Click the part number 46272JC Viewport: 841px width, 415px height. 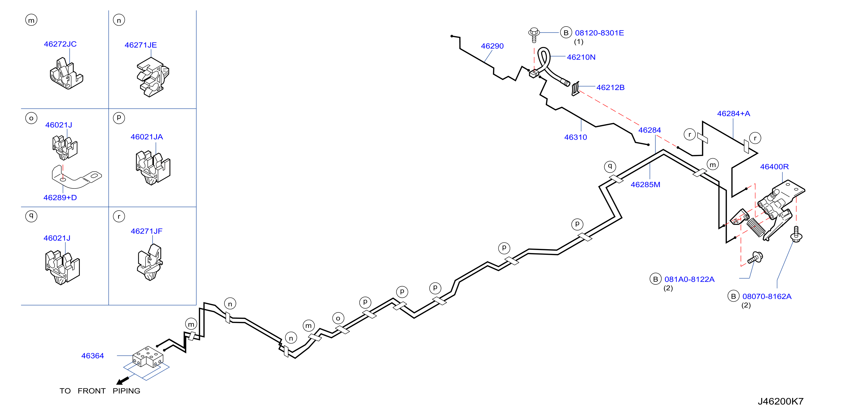[60, 44]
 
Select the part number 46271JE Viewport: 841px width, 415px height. [141, 45]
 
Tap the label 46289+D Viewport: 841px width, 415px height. [60, 198]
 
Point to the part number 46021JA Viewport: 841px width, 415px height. [147, 137]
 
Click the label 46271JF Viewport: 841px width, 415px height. [147, 231]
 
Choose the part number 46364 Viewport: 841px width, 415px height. [92, 356]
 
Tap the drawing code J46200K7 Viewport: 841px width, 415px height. [781, 401]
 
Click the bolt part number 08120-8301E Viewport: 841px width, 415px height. [599, 33]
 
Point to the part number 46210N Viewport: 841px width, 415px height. [581, 57]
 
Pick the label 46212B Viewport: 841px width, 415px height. [610, 88]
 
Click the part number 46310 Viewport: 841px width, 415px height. [576, 137]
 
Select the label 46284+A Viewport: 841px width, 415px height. [734, 114]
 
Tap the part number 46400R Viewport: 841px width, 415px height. [774, 167]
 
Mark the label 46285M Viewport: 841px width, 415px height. [645, 185]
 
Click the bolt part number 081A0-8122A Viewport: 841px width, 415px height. [690, 279]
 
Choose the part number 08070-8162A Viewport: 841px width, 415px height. [767, 296]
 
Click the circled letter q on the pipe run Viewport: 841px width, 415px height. [610, 166]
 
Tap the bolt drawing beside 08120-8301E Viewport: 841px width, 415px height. [534, 35]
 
